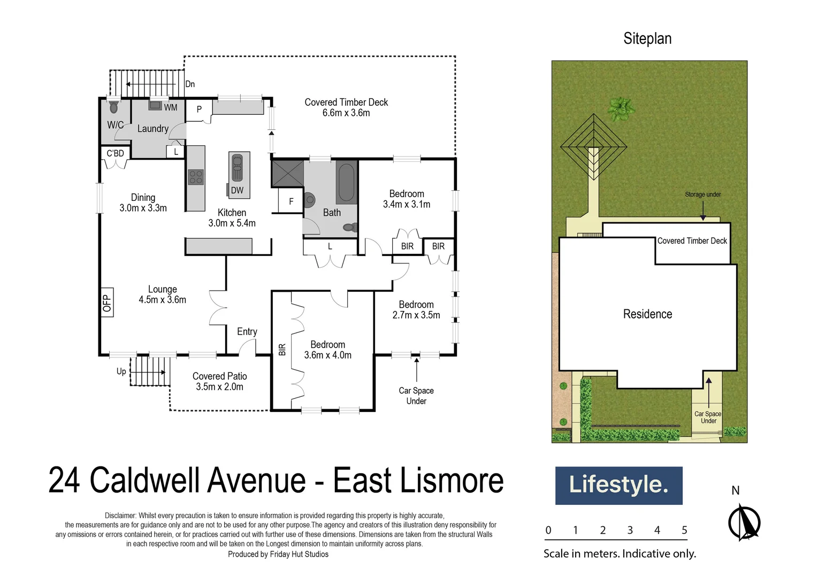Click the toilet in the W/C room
[x=113, y=107]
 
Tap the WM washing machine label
[x=170, y=107]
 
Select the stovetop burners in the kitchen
[x=196, y=177]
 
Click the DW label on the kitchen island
[x=237, y=190]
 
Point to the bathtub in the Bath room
[x=346, y=182]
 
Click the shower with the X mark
[x=288, y=173]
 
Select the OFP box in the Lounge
[x=107, y=303]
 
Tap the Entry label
[x=247, y=332]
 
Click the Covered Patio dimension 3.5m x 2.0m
[x=219, y=387]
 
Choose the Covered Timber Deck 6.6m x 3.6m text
[x=346, y=107]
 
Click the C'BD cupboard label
[x=115, y=153]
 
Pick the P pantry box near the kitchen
[x=199, y=110]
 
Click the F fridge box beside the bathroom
[x=291, y=201]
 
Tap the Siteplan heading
[x=647, y=38]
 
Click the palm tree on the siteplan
[x=621, y=109]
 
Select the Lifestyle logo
[x=618, y=485]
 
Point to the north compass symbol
[x=744, y=522]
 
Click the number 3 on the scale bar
[x=630, y=530]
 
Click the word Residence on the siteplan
[x=647, y=314]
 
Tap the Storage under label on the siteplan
[x=702, y=194]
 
